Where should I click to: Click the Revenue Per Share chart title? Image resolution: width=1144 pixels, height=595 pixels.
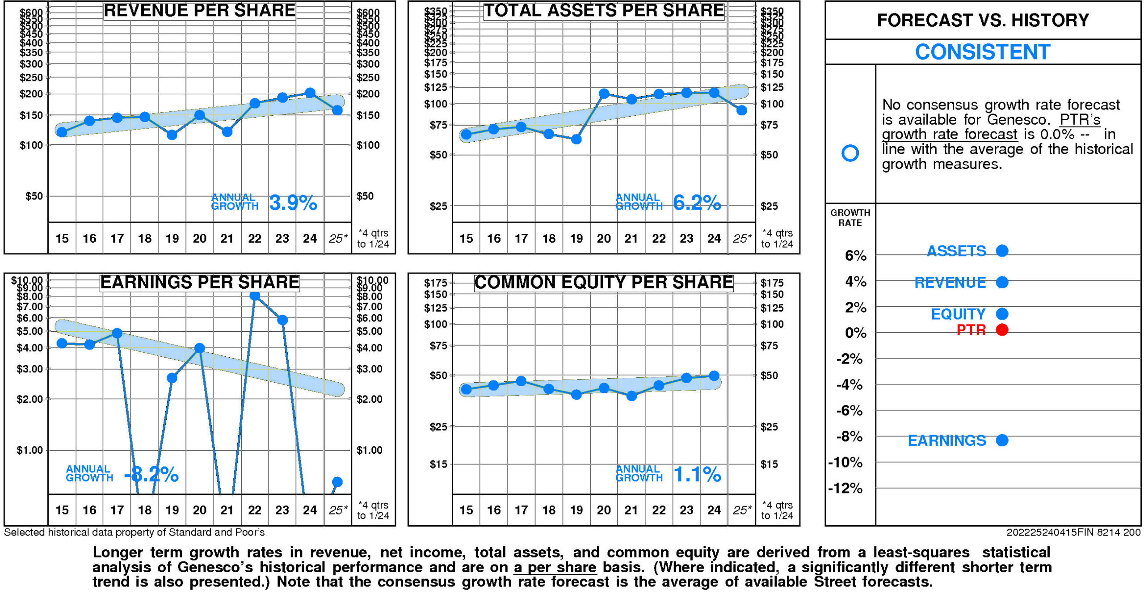[199, 10]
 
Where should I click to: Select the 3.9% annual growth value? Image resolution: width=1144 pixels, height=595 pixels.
[293, 203]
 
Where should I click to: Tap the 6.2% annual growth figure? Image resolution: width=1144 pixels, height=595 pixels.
[697, 203]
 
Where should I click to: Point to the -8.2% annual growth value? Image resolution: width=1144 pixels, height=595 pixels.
[151, 475]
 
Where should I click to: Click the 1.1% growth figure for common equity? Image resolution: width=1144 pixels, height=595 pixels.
[697, 474]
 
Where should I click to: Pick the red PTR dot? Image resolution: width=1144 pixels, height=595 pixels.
[1002, 330]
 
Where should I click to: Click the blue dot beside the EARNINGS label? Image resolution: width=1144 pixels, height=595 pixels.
[1002, 440]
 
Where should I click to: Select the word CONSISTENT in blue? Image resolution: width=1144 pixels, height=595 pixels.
[982, 52]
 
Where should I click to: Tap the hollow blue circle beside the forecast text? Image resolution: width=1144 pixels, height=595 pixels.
[850, 153]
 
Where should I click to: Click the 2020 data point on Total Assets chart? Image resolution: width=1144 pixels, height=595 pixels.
[604, 93]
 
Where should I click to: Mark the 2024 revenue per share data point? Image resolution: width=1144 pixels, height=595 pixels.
[310, 93]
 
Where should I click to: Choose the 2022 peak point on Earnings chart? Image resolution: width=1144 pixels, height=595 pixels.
[255, 295]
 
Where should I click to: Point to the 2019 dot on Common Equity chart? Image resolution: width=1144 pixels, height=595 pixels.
[576, 394]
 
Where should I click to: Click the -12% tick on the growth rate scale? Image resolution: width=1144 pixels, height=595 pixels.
[845, 488]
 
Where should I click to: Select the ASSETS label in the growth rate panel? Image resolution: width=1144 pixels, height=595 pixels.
[956, 251]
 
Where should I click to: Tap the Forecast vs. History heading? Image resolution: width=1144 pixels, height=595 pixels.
[982, 20]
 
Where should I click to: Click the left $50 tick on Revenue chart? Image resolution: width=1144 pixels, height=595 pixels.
[34, 196]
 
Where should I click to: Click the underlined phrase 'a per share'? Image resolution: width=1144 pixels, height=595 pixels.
[555, 567]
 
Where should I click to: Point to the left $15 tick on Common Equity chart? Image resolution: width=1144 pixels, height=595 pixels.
[438, 464]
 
